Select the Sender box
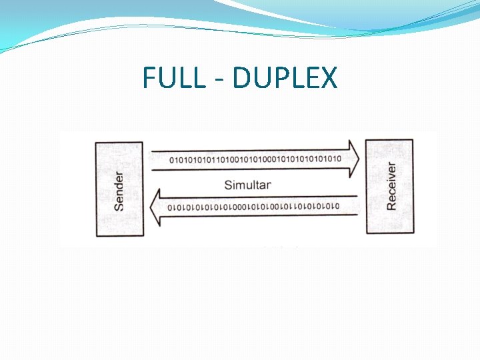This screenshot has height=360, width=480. pyautogui.click(x=119, y=189)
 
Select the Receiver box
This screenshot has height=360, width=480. pyautogui.click(x=389, y=186)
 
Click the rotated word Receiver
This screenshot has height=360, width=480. pyautogui.click(x=391, y=186)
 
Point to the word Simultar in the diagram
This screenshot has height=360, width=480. pyautogui.click(x=247, y=185)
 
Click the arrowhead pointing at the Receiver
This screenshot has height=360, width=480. pyautogui.click(x=353, y=159)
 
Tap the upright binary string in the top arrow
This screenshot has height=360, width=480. pyautogui.click(x=255, y=159)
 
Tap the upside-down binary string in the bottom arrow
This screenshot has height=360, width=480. pyautogui.click(x=253, y=207)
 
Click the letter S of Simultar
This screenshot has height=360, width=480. pyautogui.click(x=228, y=185)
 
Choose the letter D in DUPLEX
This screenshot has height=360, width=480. pyautogui.click(x=243, y=79)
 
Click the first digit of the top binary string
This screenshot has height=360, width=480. pyautogui.click(x=172, y=159)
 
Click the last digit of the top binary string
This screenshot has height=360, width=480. pyautogui.click(x=339, y=159)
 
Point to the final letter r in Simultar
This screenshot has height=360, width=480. pyautogui.click(x=268, y=185)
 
